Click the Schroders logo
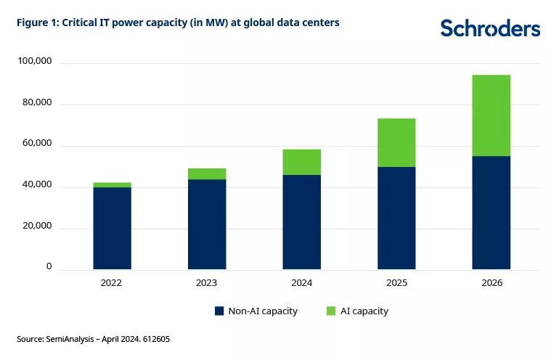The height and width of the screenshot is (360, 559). click(x=490, y=28)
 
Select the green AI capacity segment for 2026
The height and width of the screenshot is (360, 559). click(x=491, y=115)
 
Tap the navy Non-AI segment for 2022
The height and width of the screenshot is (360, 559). click(x=113, y=228)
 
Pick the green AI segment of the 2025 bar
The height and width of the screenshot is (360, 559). click(x=396, y=142)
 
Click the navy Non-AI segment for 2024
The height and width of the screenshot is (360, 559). click(x=302, y=222)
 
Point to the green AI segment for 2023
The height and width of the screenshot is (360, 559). click(x=207, y=173)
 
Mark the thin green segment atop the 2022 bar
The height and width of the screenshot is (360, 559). click(x=113, y=185)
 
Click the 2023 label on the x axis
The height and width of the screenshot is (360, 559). click(x=207, y=282)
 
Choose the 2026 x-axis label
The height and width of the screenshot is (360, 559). click(x=491, y=282)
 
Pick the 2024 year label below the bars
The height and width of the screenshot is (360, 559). click(x=302, y=282)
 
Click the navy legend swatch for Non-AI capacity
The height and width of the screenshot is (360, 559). click(x=219, y=311)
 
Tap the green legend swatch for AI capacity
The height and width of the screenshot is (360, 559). click(x=331, y=311)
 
